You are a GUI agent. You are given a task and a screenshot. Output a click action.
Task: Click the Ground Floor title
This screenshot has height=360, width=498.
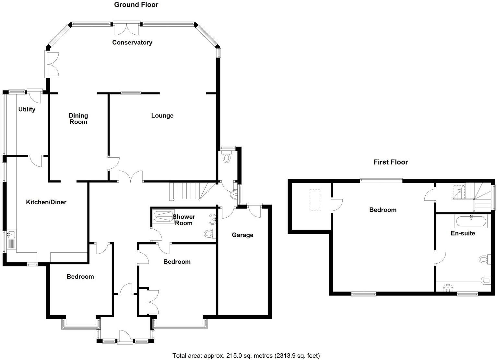coord(136,5)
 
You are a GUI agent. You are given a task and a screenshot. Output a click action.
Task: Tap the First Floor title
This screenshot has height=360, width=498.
coord(390,162)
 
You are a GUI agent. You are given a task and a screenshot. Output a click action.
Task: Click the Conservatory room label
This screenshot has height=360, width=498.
coord(132,42)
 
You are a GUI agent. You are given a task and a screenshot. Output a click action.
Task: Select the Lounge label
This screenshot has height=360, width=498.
coord(162,115)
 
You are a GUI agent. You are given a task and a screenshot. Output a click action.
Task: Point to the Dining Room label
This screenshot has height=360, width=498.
coord(78,119)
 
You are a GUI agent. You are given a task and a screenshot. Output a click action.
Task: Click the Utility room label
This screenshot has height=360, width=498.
coord(27,109)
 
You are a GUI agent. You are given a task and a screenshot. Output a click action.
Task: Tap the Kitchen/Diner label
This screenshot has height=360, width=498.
coord(46,202)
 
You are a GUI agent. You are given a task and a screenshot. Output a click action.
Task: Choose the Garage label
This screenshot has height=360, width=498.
coord(242,235)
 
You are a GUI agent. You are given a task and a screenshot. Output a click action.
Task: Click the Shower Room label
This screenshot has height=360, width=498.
coord(184,220)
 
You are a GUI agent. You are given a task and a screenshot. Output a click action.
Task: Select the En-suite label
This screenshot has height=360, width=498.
coord(463,233)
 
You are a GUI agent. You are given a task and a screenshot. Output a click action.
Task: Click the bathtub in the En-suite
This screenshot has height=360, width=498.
coord(471,222)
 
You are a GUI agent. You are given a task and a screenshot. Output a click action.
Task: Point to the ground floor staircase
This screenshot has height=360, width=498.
coord(186,191)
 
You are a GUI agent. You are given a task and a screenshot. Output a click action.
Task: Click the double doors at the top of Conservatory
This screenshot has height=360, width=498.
coord(126,29)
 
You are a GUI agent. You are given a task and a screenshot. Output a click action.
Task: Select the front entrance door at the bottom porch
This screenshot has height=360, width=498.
coord(125,336)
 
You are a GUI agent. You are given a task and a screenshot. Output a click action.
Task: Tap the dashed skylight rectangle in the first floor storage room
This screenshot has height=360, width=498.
coord(315,200)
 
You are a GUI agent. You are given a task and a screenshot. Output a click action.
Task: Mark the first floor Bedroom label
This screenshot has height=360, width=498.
coord(383,210)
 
